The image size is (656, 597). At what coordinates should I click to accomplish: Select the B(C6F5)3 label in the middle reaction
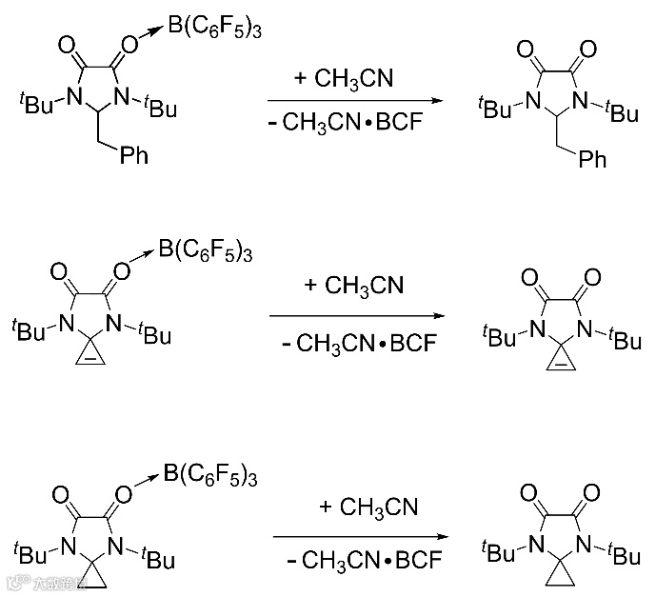coord(205,250)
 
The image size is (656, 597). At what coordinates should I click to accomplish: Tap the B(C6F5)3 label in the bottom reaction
coord(210,472)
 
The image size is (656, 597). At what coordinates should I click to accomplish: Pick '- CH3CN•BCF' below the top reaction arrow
coord(344,125)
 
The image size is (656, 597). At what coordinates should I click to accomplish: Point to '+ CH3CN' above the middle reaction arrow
coord(353,285)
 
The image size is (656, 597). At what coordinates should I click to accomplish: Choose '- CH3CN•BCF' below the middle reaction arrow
coord(353,342)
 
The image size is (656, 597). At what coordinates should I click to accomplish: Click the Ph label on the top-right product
coord(591,160)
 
